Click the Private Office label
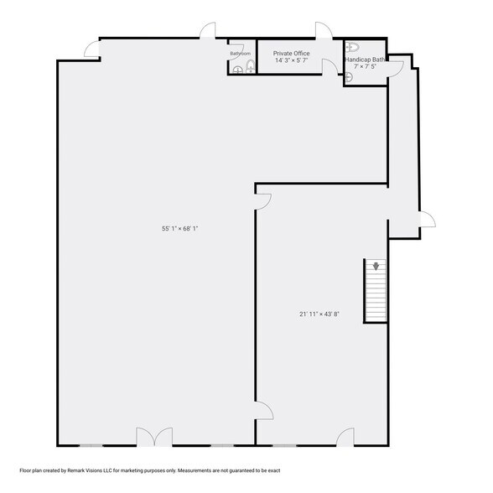[x=291, y=53]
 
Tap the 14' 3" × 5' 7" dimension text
[x=291, y=61]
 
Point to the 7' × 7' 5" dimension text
[x=365, y=66]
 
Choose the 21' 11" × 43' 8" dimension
[x=319, y=314]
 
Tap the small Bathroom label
[x=241, y=54]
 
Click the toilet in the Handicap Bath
[x=353, y=47]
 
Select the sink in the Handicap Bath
[x=349, y=76]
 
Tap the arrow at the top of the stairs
[x=376, y=267]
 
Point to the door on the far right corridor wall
[x=427, y=221]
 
